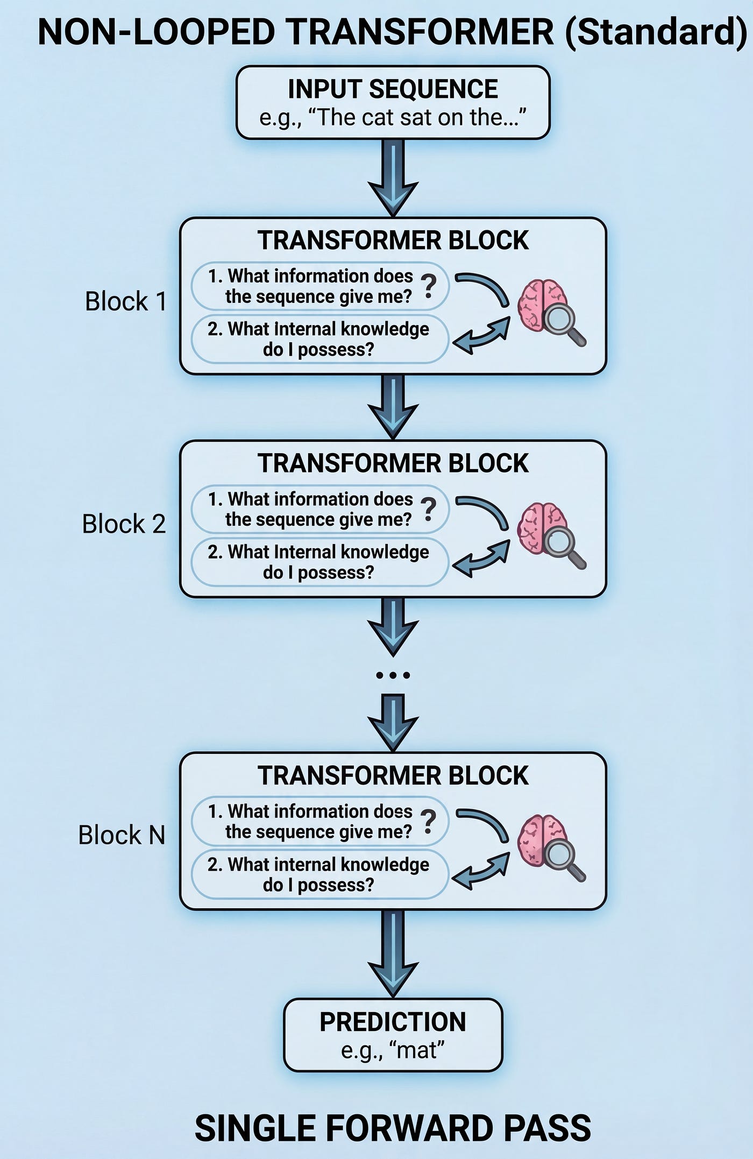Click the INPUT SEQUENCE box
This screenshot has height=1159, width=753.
[393, 103]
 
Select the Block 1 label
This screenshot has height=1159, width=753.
[126, 301]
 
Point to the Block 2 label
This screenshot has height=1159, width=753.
[124, 524]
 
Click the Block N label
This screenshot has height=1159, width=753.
[122, 835]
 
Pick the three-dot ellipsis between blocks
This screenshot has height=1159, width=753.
[393, 675]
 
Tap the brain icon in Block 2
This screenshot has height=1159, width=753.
[542, 528]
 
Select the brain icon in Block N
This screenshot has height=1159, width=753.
[542, 840]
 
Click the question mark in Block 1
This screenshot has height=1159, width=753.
[429, 286]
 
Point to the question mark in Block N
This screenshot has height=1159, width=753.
[429, 822]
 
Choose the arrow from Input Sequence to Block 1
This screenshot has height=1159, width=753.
[393, 178]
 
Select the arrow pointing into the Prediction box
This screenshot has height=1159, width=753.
[393, 954]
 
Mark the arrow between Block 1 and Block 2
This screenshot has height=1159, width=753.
[393, 407]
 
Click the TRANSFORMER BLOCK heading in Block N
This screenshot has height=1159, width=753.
[393, 775]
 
